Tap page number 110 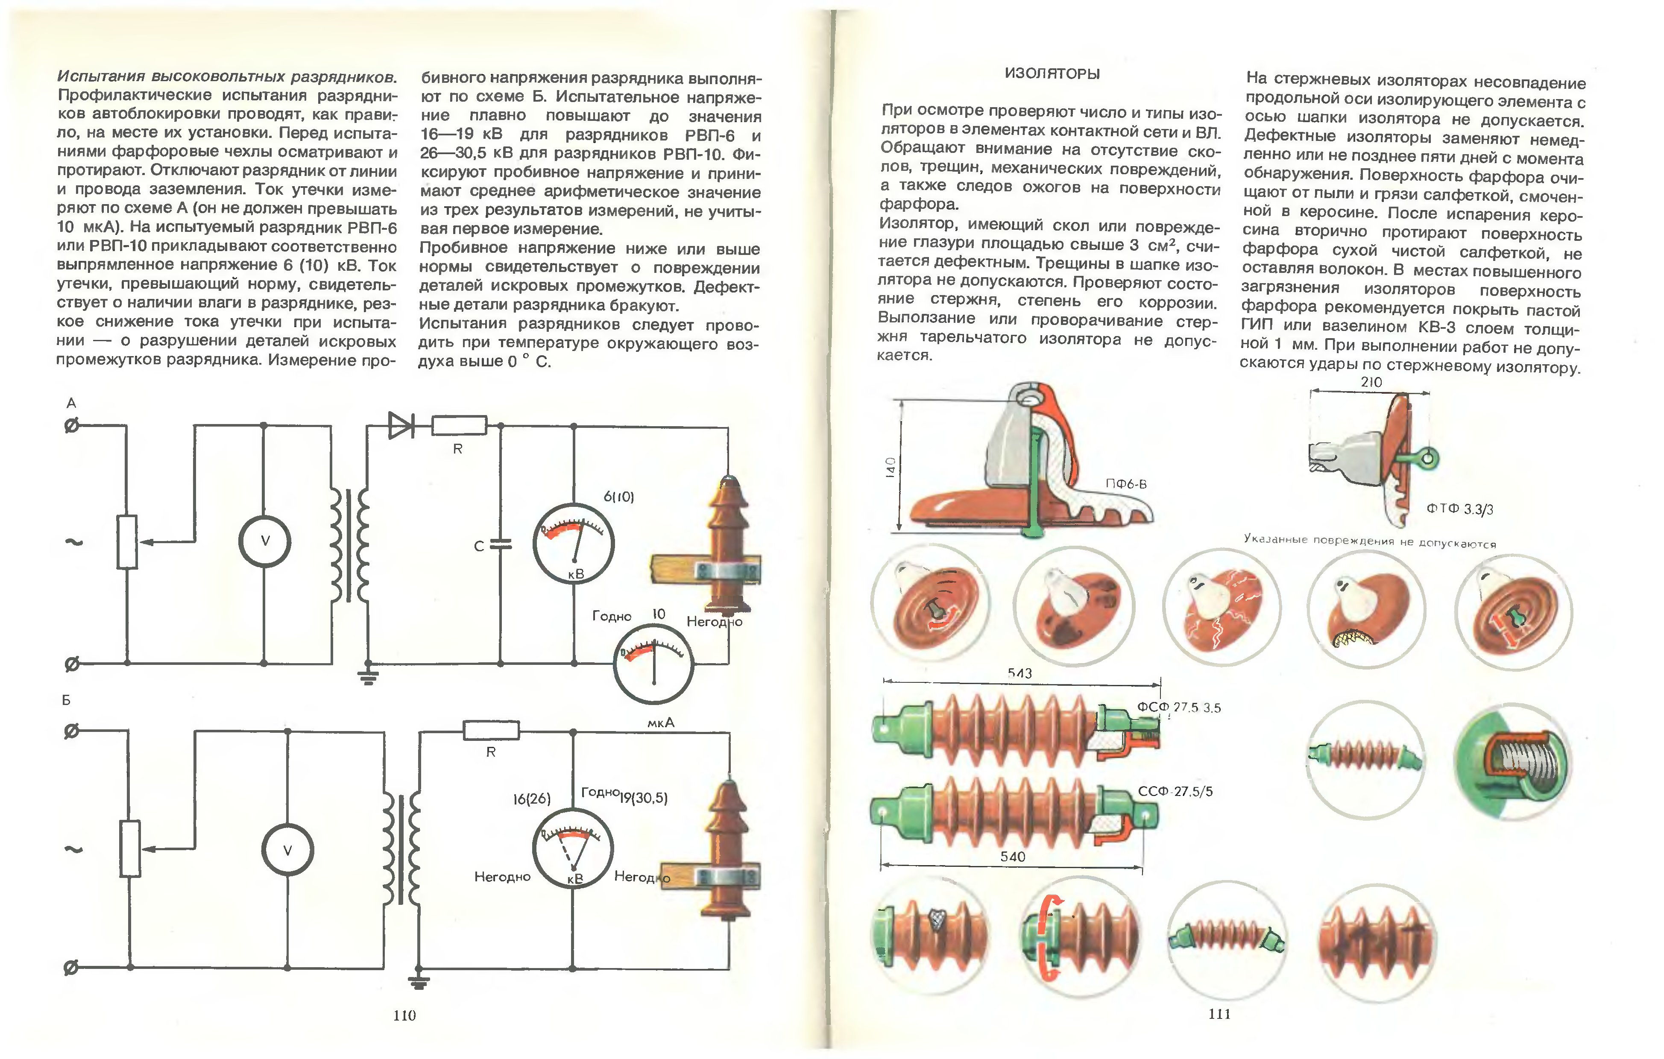[x=404, y=1015]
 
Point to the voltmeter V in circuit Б [x=287, y=850]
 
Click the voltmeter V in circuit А [x=265, y=541]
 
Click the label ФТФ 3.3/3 [x=1459, y=509]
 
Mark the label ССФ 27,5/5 [x=1175, y=791]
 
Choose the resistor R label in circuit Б [x=491, y=752]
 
